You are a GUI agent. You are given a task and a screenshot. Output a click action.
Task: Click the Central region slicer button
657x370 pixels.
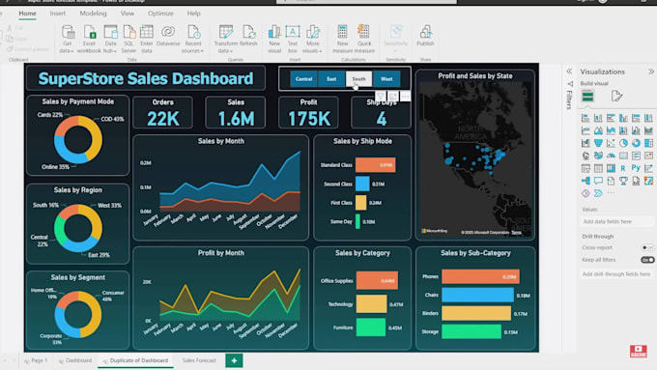point(303,78)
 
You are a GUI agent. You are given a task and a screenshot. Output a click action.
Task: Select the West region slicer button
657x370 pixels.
point(386,78)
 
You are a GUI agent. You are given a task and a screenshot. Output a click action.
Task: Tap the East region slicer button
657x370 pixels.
point(331,78)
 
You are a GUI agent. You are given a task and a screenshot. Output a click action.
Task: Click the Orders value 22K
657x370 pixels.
point(162,118)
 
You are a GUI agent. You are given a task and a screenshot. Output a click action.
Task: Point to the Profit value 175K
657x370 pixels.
point(309,118)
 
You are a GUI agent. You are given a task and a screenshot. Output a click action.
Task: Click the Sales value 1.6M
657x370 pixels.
point(236,118)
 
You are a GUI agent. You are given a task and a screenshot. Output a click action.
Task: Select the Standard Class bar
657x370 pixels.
point(375,165)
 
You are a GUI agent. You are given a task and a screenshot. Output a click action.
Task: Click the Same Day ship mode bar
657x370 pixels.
point(357,220)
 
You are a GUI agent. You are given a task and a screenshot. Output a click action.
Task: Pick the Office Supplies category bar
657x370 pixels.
point(377,281)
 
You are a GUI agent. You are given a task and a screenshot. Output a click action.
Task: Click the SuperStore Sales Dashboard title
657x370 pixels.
point(145,78)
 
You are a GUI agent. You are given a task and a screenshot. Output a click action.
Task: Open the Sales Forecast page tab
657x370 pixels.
point(200,360)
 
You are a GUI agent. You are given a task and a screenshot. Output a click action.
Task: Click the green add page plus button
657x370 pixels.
point(233,360)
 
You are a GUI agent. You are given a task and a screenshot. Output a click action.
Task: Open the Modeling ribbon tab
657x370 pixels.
point(93,14)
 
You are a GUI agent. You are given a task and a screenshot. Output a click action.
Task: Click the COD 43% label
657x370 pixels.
point(113,119)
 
